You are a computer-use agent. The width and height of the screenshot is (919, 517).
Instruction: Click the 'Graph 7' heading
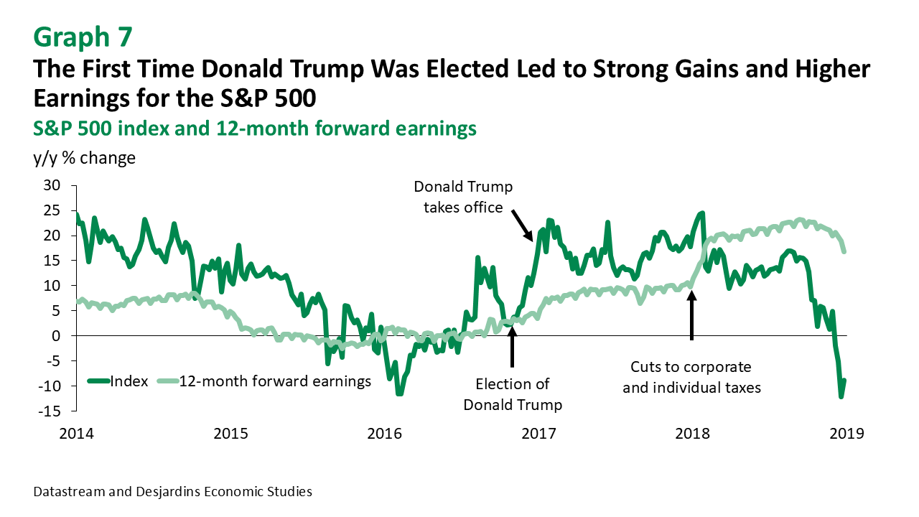(x=83, y=36)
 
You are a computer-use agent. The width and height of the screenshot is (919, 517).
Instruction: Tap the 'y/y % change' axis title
(x=84, y=157)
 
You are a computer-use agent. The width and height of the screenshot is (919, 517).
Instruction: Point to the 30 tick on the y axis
(x=52, y=185)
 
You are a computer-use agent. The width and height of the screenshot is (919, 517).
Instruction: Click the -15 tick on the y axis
(x=50, y=411)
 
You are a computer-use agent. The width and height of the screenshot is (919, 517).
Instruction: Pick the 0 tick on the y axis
(x=57, y=336)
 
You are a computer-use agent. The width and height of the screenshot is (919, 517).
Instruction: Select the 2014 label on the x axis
(x=76, y=434)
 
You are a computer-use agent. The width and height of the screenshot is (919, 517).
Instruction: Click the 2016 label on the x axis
(x=385, y=434)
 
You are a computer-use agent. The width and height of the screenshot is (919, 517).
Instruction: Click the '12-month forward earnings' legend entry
(x=274, y=381)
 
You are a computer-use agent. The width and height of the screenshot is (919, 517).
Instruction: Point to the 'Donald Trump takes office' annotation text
(x=463, y=197)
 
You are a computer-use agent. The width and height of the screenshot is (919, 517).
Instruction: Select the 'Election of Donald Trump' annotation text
(x=512, y=394)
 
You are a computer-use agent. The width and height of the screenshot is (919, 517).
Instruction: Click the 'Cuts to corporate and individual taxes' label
(x=691, y=378)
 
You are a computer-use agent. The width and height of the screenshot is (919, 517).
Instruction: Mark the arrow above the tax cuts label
(x=691, y=316)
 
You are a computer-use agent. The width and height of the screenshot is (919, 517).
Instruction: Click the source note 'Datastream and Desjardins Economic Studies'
(x=173, y=492)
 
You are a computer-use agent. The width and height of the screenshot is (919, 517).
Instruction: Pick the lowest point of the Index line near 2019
(x=841, y=396)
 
